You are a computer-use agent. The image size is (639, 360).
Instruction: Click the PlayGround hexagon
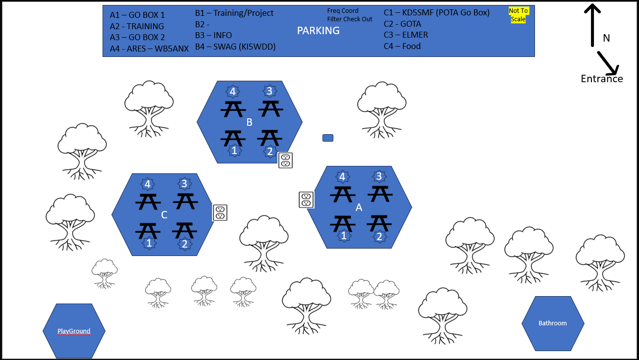click(74, 331)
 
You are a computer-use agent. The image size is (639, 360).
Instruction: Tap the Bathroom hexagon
click(553, 323)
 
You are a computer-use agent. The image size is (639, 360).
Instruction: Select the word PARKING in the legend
click(318, 31)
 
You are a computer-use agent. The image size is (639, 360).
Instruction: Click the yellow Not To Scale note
click(518, 15)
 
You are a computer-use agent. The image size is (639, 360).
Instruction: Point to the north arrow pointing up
click(592, 25)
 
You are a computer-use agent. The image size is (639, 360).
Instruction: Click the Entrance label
click(602, 79)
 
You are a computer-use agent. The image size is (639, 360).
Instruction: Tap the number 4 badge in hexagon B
click(232, 92)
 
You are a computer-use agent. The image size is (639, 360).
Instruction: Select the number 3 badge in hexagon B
click(269, 91)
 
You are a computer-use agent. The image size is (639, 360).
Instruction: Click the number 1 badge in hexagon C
click(149, 243)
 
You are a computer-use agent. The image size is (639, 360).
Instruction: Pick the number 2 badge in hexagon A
click(379, 237)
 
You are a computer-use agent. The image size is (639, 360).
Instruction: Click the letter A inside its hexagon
click(359, 208)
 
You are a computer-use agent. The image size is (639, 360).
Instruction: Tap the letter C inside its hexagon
click(164, 215)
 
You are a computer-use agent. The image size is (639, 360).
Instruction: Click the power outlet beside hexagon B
click(285, 160)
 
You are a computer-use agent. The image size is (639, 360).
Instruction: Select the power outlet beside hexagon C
click(220, 212)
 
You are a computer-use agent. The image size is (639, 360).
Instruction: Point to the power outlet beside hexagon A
click(306, 200)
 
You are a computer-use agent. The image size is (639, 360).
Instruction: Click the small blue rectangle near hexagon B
click(328, 138)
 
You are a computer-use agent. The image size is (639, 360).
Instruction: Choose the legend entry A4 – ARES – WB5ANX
click(149, 49)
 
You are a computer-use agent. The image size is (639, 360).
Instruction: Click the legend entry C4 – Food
click(402, 46)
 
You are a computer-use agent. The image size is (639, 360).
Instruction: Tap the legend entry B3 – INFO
click(213, 35)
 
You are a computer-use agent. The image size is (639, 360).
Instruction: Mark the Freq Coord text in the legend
click(343, 11)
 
